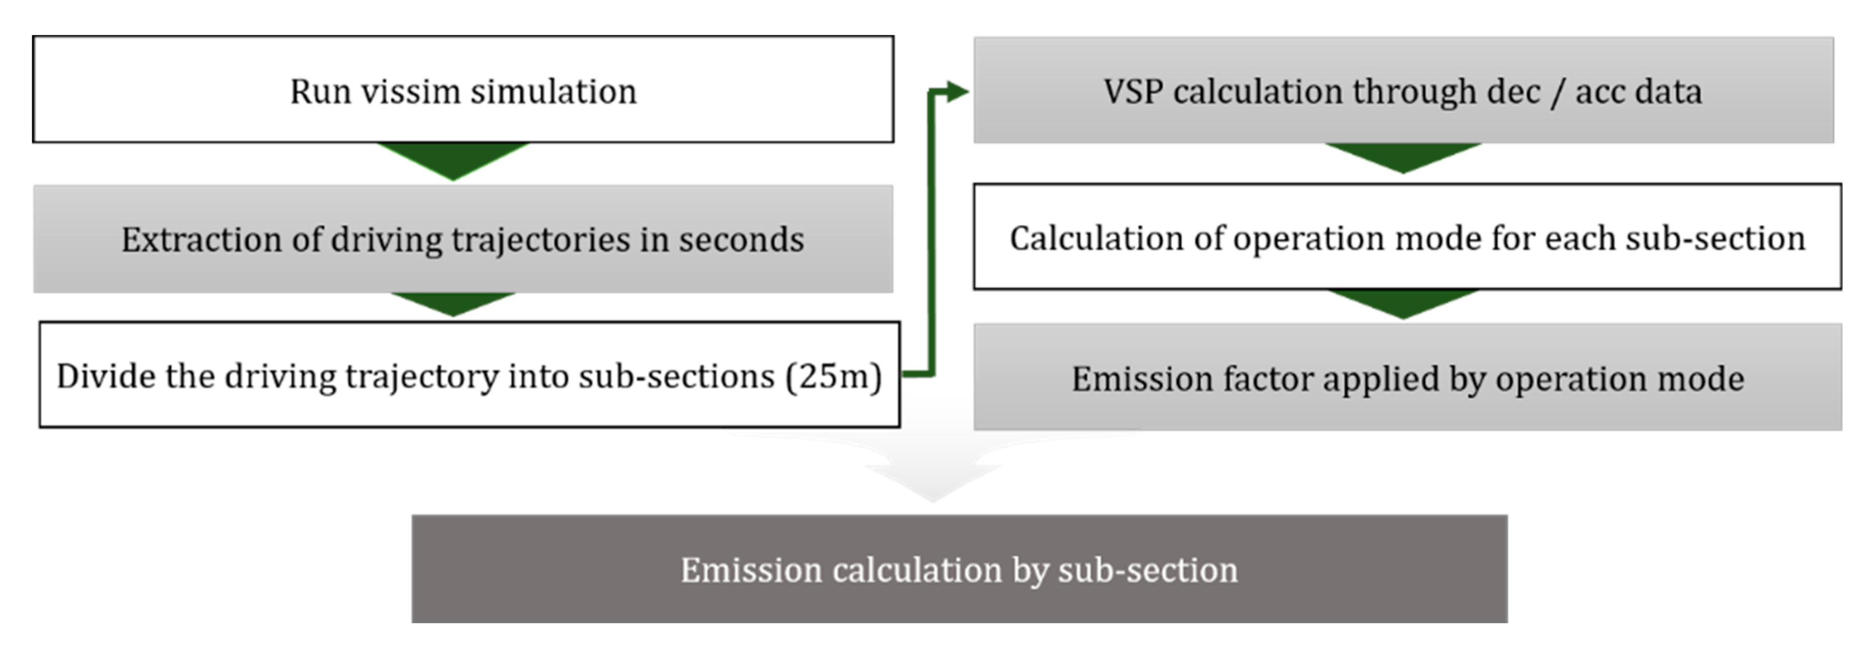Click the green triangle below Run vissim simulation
(x=453, y=159)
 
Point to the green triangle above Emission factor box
(x=1402, y=302)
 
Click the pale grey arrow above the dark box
(x=932, y=474)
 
